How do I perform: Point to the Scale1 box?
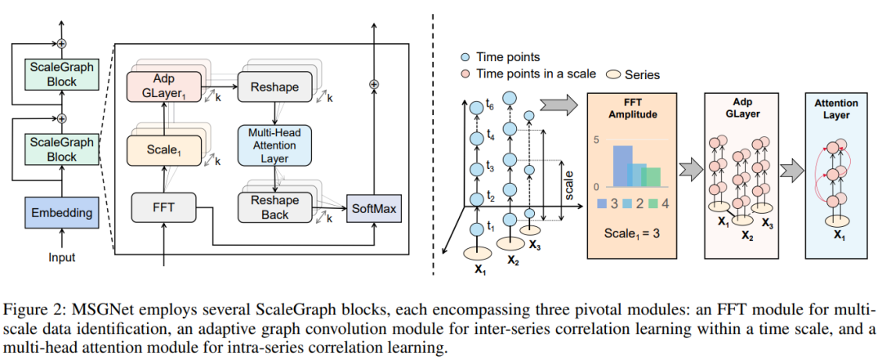point(163,150)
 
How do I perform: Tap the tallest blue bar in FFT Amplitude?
point(623,166)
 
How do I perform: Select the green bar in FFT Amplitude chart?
point(652,177)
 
